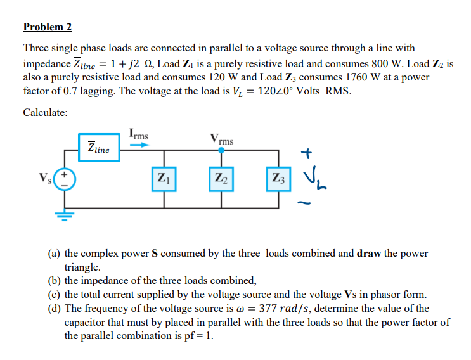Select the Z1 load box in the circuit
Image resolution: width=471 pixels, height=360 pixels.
click(x=164, y=179)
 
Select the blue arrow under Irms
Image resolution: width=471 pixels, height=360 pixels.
click(x=139, y=145)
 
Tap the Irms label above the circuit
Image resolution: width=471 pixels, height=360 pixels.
click(x=139, y=134)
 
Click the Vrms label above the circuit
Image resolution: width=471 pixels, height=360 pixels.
click(x=222, y=139)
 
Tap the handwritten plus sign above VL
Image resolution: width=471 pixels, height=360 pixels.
click(x=307, y=153)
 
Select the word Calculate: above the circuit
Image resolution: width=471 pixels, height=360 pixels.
click(x=46, y=112)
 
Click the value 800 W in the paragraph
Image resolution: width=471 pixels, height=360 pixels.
click(x=371, y=64)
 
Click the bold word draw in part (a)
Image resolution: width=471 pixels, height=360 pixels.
click(x=370, y=254)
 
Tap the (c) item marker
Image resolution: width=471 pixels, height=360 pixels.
click(x=55, y=295)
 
